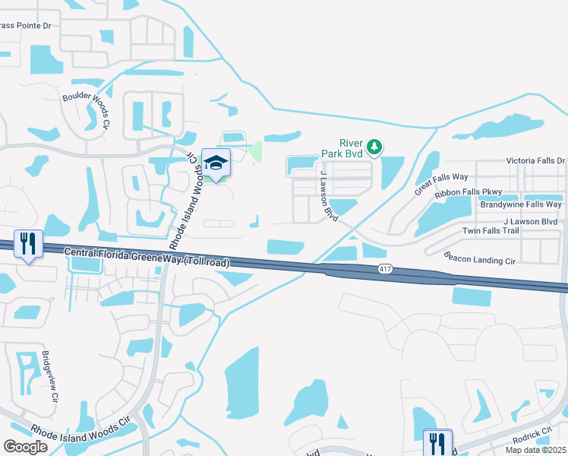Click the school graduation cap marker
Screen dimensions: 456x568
click(216, 163)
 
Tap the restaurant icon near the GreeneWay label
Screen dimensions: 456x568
click(28, 244)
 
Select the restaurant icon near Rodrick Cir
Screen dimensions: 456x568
click(437, 442)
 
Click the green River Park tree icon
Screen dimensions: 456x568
click(374, 145)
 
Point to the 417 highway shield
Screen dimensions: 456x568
click(386, 269)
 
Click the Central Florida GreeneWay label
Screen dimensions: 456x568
click(147, 257)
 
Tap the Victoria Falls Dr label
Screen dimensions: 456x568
click(536, 161)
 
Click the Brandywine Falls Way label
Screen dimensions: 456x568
click(521, 204)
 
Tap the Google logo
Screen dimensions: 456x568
click(26, 447)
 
